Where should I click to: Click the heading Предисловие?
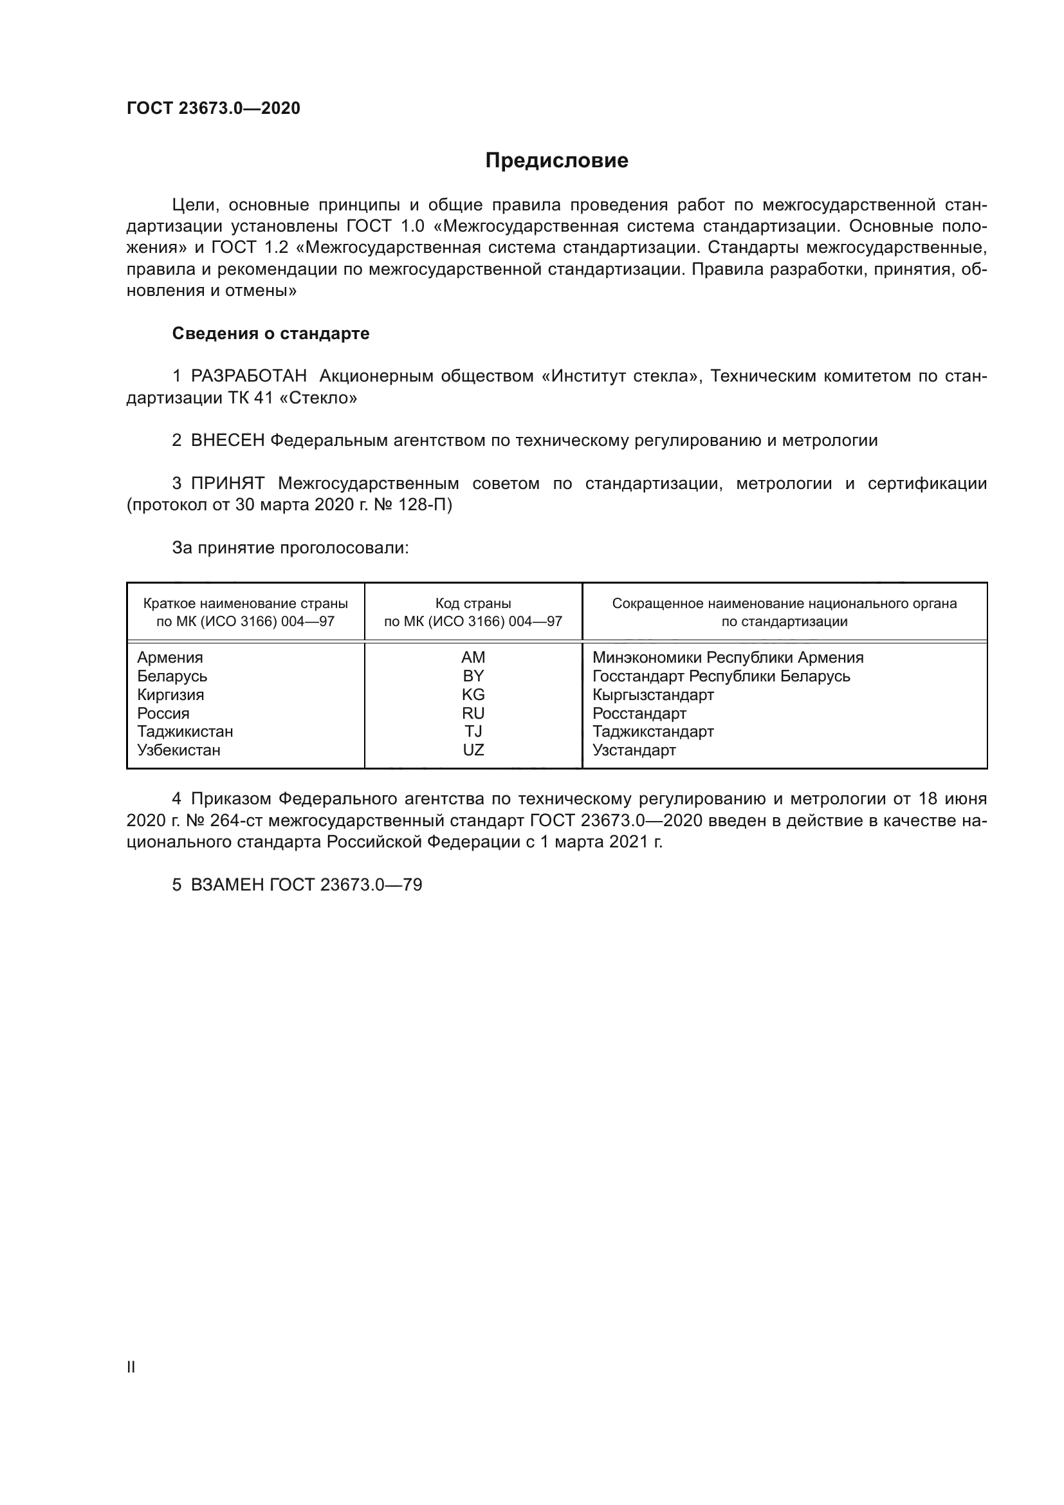click(556, 161)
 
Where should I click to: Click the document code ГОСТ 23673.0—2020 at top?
click(214, 108)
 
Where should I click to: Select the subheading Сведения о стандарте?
click(271, 334)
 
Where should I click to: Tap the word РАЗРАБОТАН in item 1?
click(248, 376)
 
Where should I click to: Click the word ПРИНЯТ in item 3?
click(227, 484)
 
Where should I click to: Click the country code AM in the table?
click(473, 658)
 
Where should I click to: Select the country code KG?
click(473, 695)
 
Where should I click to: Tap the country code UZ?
click(473, 750)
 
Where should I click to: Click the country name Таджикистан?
click(185, 732)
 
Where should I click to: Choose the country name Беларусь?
click(172, 676)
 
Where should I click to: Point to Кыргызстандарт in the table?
click(652, 695)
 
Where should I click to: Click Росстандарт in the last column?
click(639, 713)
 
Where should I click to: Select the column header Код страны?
click(473, 604)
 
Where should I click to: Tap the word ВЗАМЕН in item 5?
click(227, 885)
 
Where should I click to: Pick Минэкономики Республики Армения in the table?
click(728, 658)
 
